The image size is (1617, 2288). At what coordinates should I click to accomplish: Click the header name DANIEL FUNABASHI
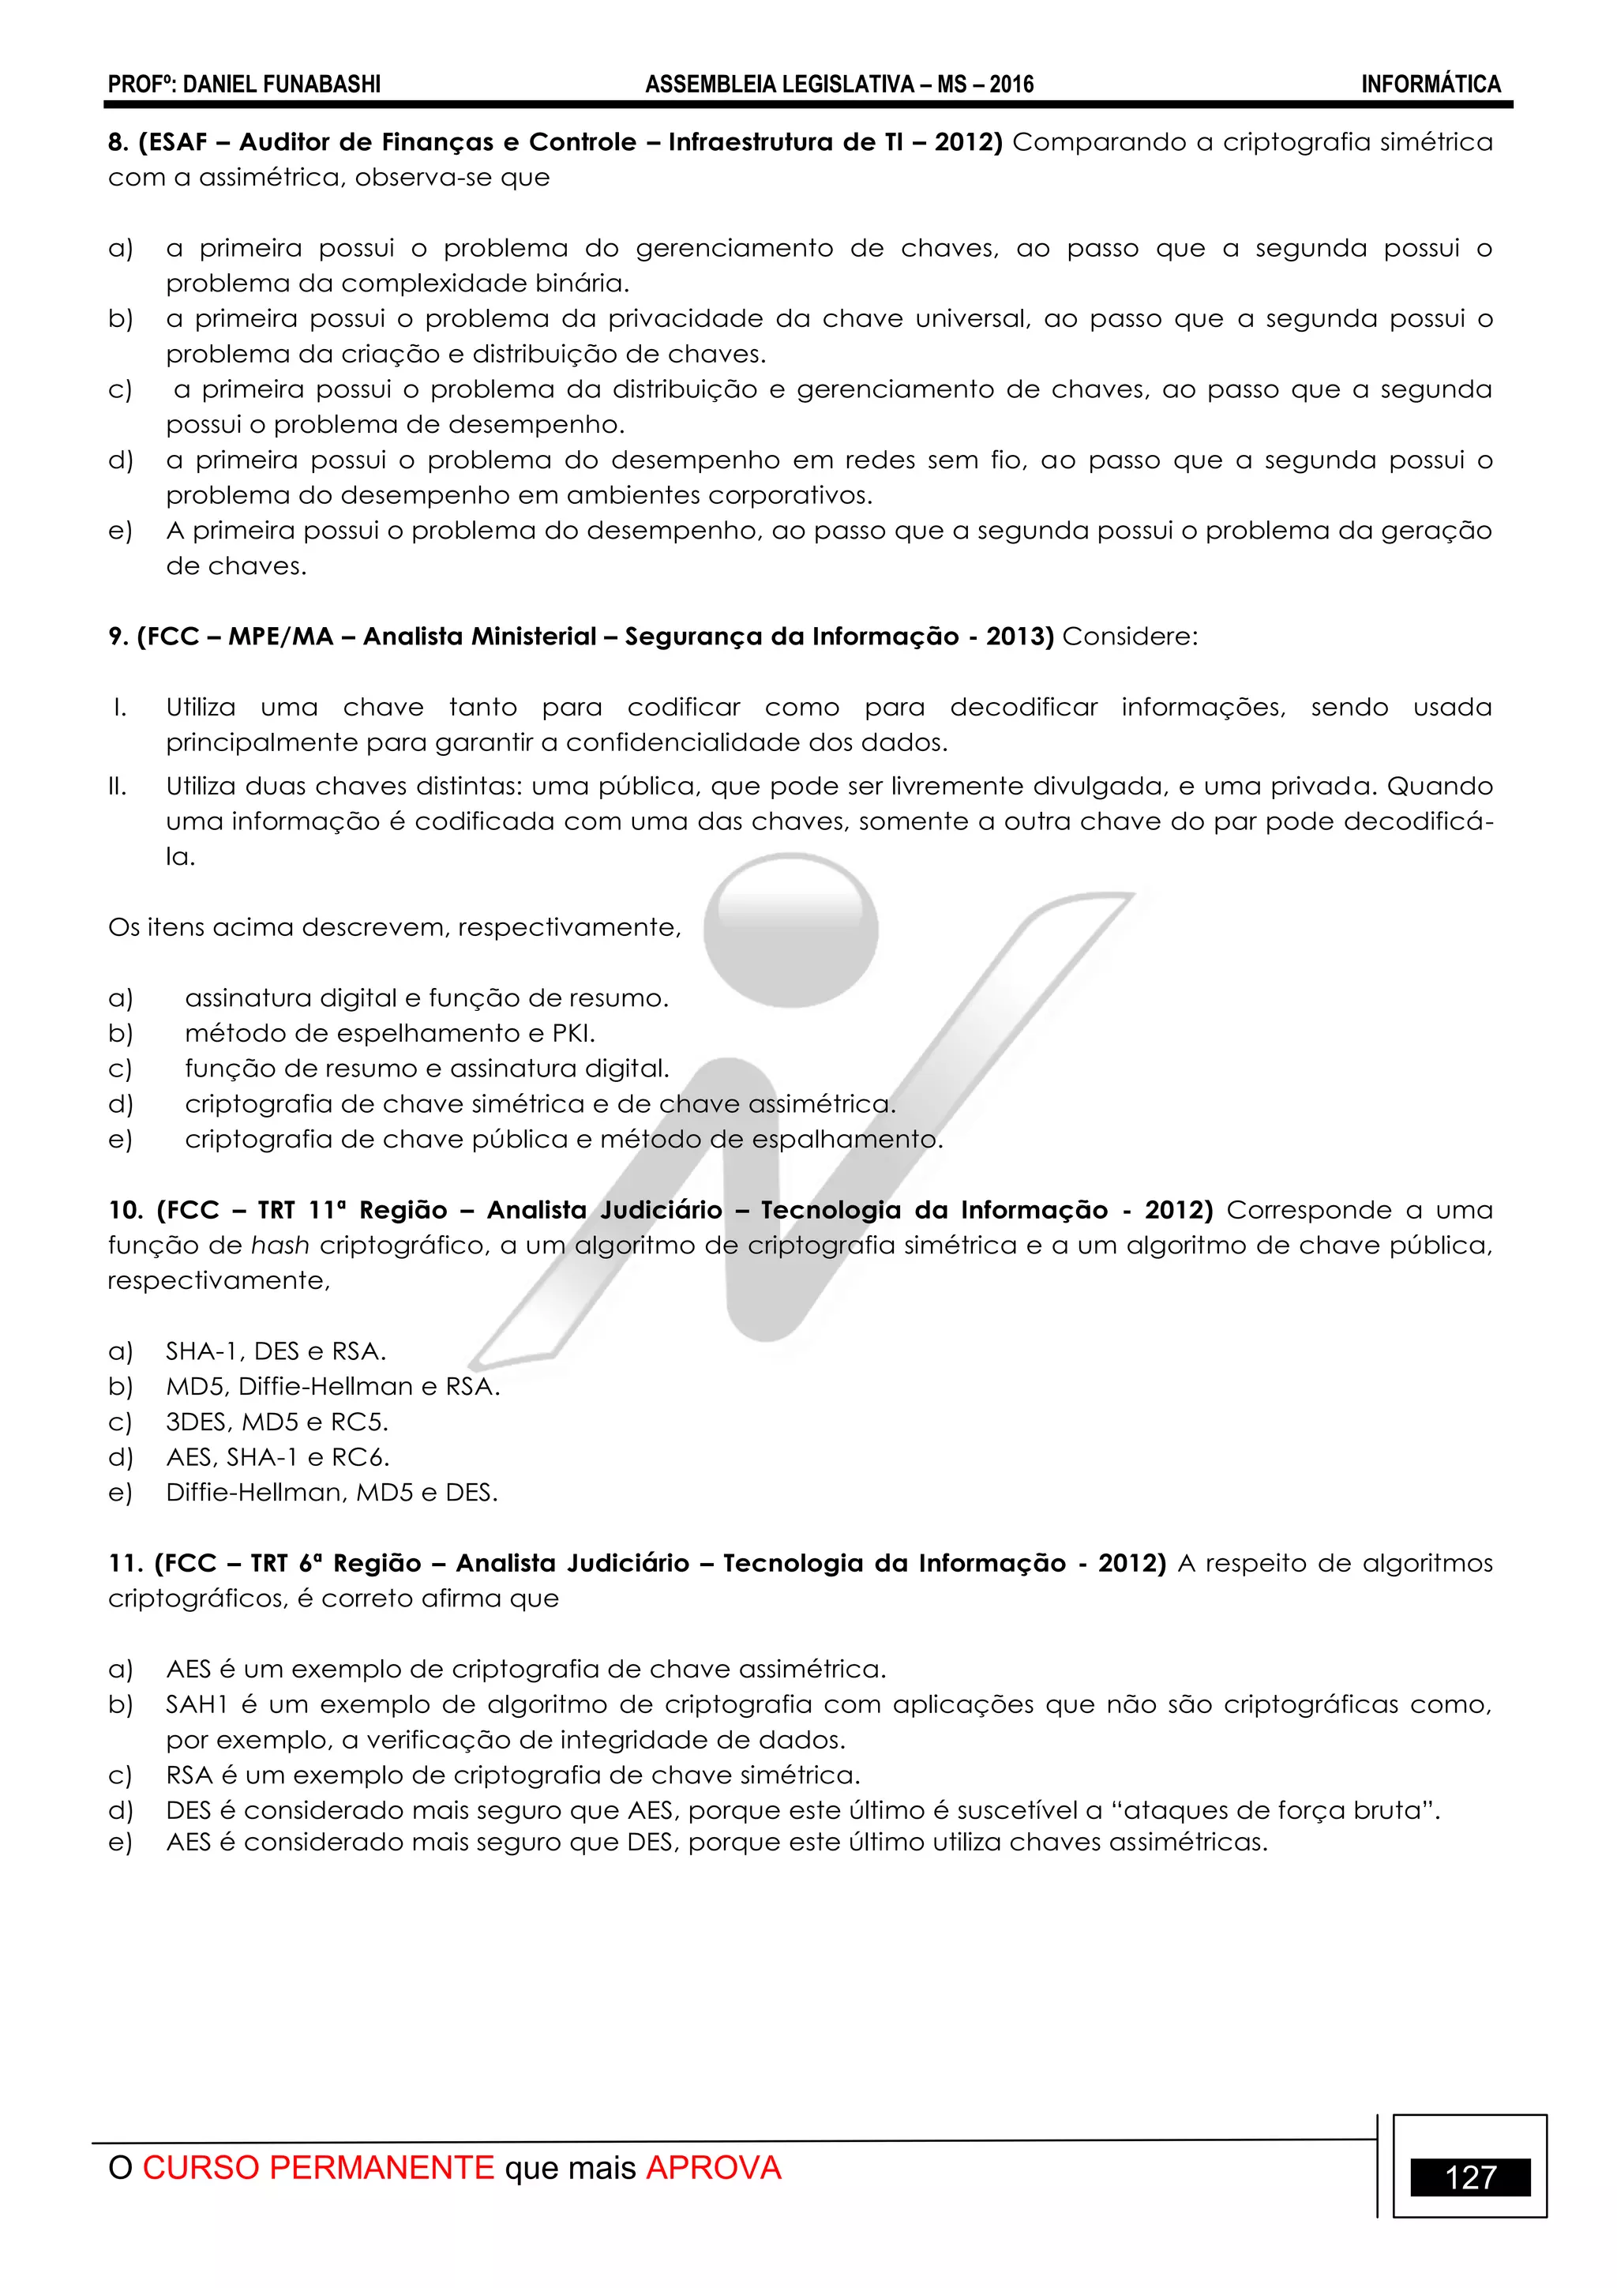282,85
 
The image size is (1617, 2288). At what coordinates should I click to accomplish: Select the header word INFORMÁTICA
1431,85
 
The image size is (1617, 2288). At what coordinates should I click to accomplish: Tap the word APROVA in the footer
713,2167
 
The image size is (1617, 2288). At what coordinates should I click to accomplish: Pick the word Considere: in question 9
1130,637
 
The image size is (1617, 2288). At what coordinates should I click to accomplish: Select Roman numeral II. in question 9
118,787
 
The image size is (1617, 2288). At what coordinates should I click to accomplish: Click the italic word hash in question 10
280,1245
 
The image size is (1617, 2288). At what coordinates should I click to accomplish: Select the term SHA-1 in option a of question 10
202,1351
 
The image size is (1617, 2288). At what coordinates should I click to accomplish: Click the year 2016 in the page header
1011,85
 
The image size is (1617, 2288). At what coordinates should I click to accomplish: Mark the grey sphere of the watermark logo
790,929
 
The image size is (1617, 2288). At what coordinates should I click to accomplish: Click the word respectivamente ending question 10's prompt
217,1280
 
